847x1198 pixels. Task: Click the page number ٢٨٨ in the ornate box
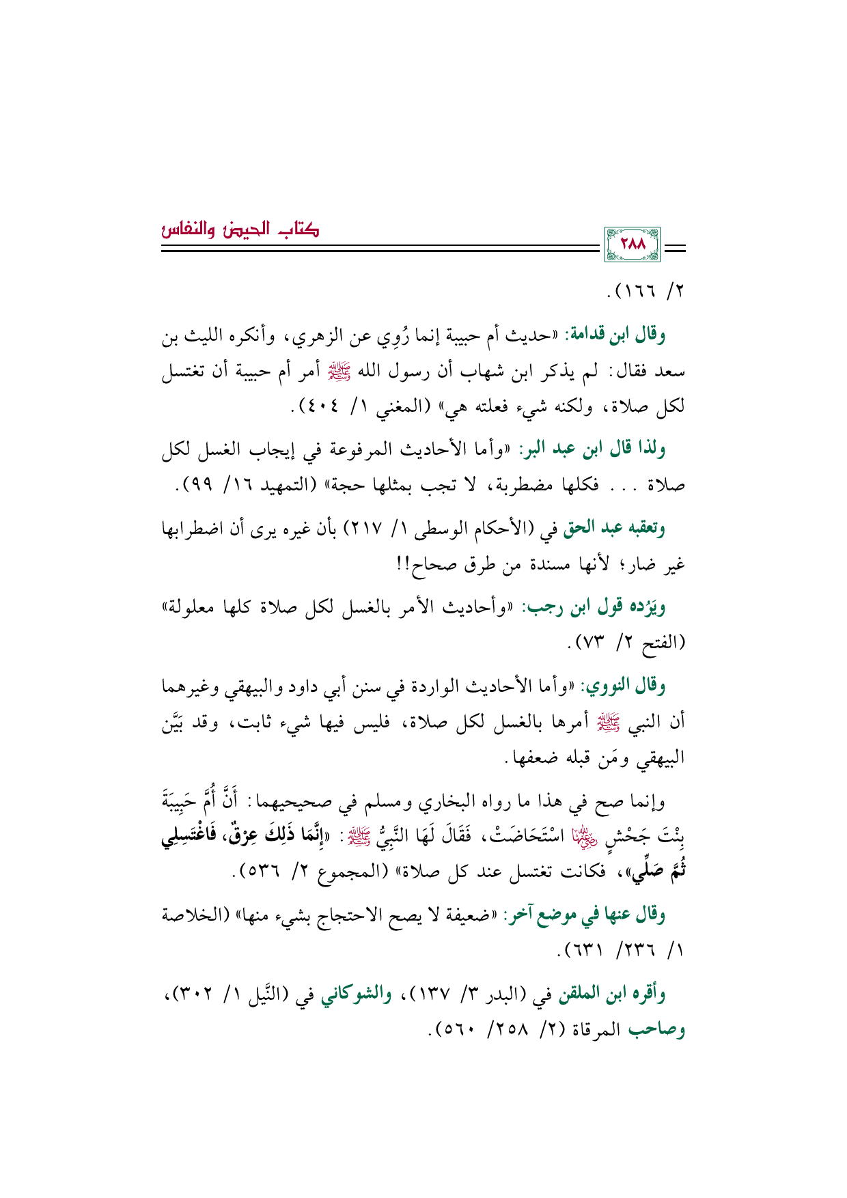(x=632, y=244)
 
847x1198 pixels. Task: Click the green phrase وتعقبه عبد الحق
(x=613, y=527)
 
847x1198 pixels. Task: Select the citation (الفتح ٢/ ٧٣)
(x=628, y=642)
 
